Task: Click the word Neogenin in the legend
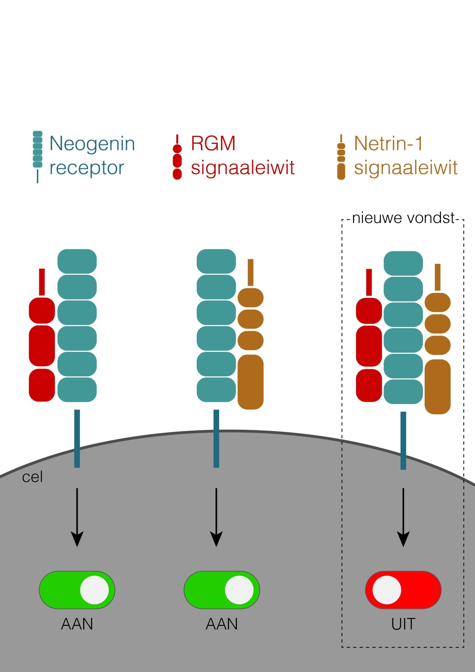click(92, 144)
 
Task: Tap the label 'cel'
click(32, 477)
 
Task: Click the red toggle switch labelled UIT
click(403, 590)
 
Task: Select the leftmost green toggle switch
click(77, 590)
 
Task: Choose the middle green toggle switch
click(222, 590)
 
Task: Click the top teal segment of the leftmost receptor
click(77, 261)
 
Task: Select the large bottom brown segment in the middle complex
click(250, 382)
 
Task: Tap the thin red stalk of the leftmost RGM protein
click(42, 282)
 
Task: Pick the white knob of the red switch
click(386, 590)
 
